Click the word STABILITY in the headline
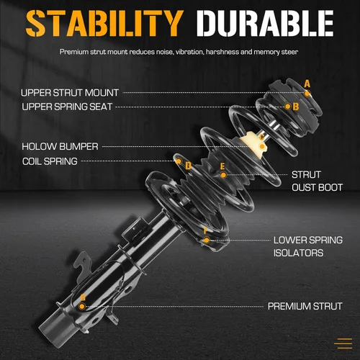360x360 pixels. pos(104,23)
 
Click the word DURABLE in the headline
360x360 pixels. pos(265,23)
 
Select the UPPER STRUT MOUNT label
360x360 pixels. pos(70,93)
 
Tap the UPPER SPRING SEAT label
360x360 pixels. pos(67,107)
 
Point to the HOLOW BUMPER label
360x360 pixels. pos(60,146)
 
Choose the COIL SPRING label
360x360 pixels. pos(50,161)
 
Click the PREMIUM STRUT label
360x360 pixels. pos(305,306)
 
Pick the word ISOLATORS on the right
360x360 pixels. pos(299,253)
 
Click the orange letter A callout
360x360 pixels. pos(307,84)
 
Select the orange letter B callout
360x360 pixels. pos(296,107)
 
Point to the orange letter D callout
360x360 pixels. pos(189,166)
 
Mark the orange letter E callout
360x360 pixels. pos(222,166)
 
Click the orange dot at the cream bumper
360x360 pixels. pos(262,146)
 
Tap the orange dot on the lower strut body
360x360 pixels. pos(82,306)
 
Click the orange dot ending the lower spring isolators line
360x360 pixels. pos(207,240)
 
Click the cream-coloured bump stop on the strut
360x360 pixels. pos(254,145)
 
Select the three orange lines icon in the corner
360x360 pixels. pos(343,343)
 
